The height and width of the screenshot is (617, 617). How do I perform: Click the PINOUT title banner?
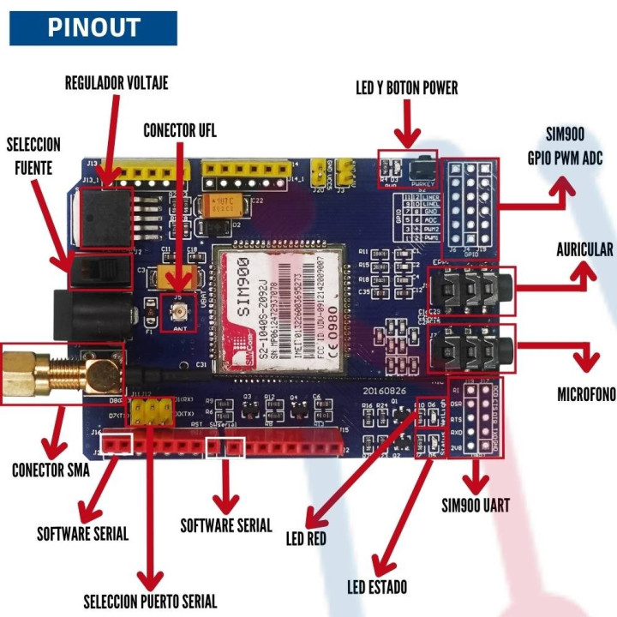[93, 27]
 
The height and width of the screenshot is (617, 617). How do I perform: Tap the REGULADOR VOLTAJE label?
[117, 83]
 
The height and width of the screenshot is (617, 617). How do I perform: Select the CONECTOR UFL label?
[180, 130]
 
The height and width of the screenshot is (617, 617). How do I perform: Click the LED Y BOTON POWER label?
[406, 87]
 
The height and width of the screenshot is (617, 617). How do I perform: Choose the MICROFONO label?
[586, 395]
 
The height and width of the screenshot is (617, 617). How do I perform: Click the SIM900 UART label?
[475, 505]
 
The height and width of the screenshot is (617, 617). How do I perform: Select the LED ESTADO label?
[377, 587]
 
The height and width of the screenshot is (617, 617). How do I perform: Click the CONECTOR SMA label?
[51, 470]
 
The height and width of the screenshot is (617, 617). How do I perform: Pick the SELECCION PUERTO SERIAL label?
[150, 601]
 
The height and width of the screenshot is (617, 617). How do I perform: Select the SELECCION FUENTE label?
[33, 155]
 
